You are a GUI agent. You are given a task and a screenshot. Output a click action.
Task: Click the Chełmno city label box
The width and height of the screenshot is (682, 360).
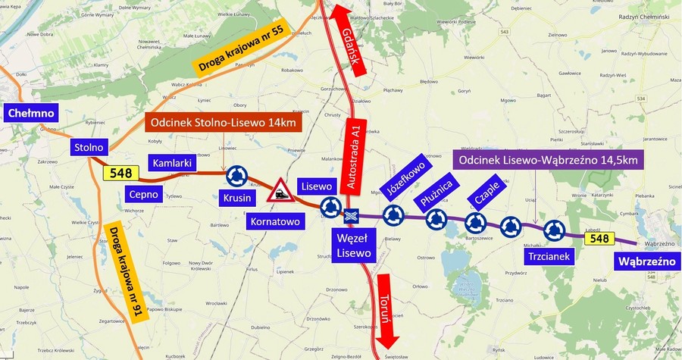[31, 114]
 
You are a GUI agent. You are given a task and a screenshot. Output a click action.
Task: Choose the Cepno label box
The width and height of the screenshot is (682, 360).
[143, 194]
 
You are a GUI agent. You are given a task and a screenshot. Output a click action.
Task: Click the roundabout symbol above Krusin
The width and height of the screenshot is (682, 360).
[236, 177]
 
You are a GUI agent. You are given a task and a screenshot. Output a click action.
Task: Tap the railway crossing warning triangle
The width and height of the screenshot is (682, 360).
[280, 190]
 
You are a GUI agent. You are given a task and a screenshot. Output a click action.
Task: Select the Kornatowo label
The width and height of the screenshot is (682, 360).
[275, 221]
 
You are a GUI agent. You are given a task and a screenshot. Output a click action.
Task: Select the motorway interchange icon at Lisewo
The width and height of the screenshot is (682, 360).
[351, 216]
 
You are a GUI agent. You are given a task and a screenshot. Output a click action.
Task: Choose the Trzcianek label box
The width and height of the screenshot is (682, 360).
[549, 256]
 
